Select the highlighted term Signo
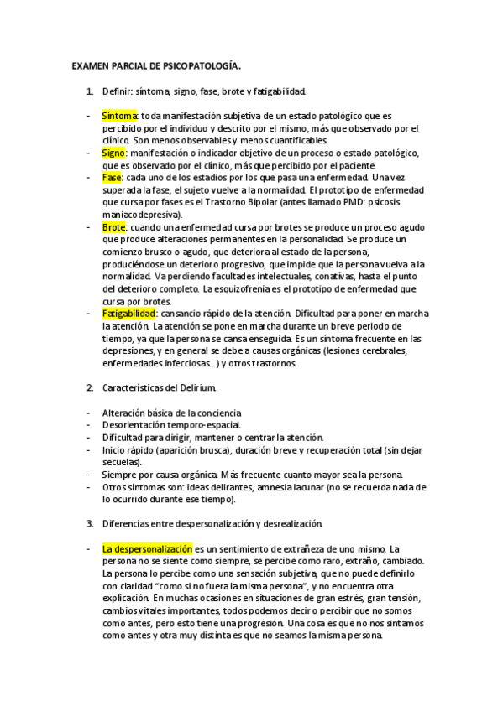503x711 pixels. [x=113, y=154]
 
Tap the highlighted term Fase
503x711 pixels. [x=111, y=178]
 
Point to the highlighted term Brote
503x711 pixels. [x=113, y=227]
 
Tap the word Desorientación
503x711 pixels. [x=133, y=425]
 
